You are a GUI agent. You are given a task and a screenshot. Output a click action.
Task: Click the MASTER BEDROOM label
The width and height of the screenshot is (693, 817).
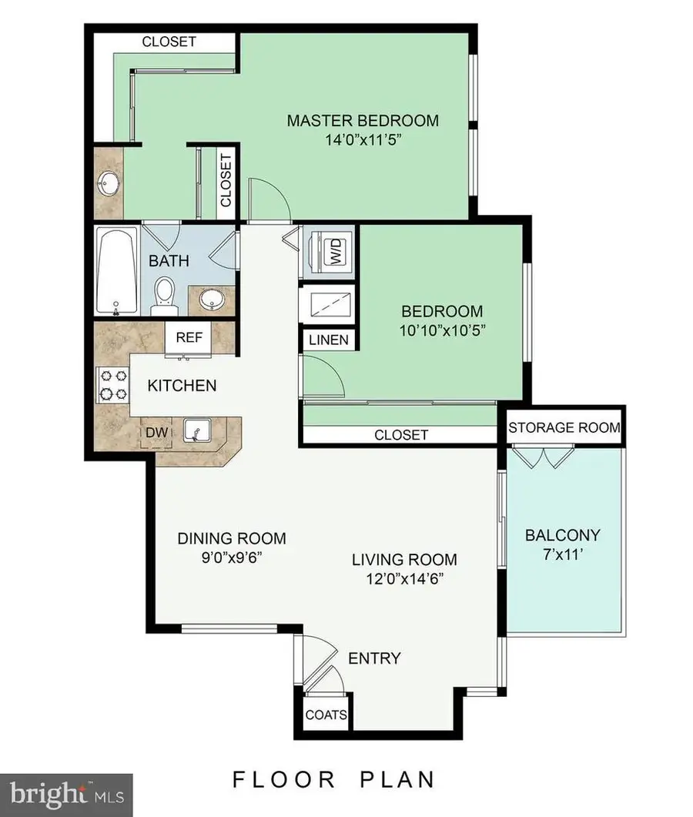(363, 121)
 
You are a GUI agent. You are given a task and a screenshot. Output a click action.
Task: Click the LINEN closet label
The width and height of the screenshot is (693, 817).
(329, 340)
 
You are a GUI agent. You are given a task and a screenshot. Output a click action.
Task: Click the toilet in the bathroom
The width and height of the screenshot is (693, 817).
(163, 296)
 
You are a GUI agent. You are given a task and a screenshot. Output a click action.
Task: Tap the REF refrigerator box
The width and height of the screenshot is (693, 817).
(189, 338)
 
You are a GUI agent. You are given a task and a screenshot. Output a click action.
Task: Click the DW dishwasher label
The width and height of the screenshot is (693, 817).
(156, 433)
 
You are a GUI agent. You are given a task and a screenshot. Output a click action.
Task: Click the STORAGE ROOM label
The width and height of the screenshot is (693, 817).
(565, 427)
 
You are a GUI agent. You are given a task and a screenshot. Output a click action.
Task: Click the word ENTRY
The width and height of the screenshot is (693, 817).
(374, 658)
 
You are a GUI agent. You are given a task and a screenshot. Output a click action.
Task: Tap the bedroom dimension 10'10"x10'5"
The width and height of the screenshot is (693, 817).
(442, 331)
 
